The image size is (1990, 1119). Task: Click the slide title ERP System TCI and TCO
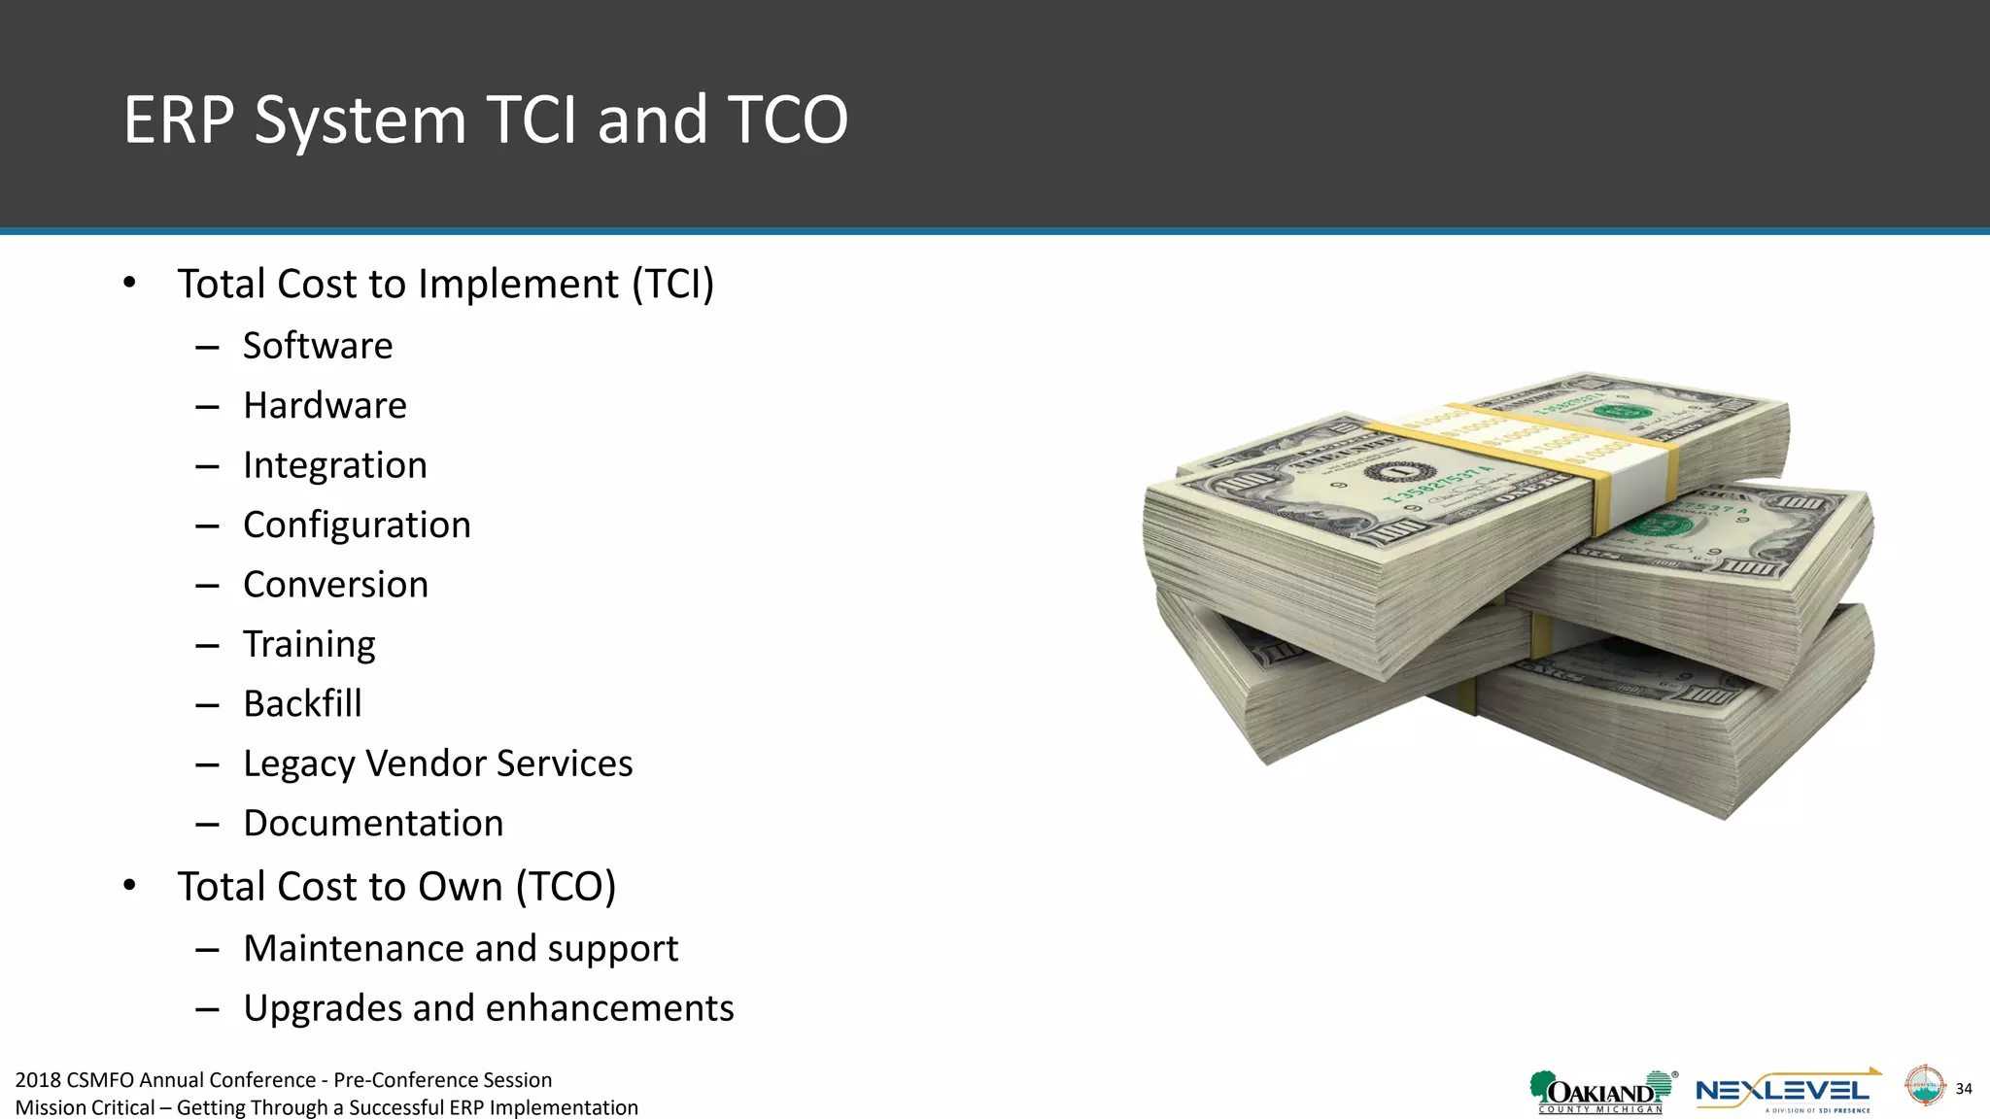pyautogui.click(x=486, y=120)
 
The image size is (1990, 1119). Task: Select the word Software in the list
pyautogui.click(x=318, y=346)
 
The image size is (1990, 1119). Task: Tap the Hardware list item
pyautogui.click(x=325, y=406)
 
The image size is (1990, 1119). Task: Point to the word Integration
pyautogui.click(x=334, y=465)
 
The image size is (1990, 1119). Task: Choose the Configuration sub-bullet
pyautogui.click(x=357, y=526)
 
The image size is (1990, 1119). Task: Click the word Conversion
pyautogui.click(x=335, y=585)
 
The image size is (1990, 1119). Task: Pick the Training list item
pyautogui.click(x=309, y=645)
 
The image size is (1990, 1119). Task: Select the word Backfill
pyautogui.click(x=302, y=704)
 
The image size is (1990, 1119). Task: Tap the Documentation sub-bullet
pyautogui.click(x=373, y=824)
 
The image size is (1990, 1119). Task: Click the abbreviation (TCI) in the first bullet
pyautogui.click(x=672, y=285)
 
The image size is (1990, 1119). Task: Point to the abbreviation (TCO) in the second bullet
pyautogui.click(x=566, y=887)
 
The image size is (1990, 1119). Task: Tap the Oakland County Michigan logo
pyautogui.click(x=1601, y=1093)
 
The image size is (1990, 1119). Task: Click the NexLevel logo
pyautogui.click(x=1784, y=1092)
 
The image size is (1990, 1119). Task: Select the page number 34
pyautogui.click(x=1964, y=1089)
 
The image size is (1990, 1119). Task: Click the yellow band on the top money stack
pyautogui.click(x=1555, y=447)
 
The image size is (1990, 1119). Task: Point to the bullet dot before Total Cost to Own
pyautogui.click(x=129, y=886)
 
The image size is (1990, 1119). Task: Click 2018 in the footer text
pyautogui.click(x=38, y=1080)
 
